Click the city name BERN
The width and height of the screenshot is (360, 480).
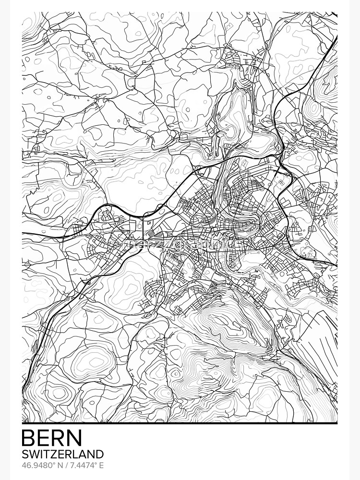pos(52,438)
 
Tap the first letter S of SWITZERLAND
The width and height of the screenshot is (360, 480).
pos(25,454)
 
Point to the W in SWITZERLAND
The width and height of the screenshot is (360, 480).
pos(34,454)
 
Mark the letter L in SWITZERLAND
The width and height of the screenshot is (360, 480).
pos(76,454)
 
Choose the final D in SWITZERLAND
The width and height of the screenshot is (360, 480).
pos(99,454)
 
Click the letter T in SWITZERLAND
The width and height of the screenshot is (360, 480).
pos(46,454)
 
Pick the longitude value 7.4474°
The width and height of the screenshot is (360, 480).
pos(83,466)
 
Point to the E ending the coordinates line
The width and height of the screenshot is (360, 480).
pos(101,466)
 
